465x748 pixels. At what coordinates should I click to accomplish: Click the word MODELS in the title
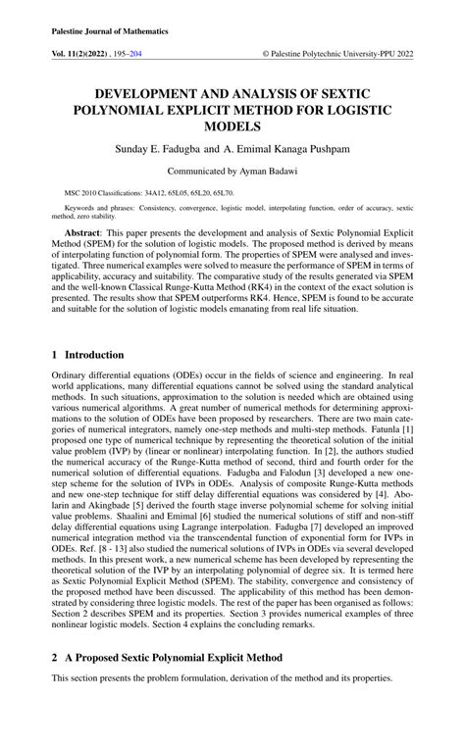[x=232, y=127]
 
